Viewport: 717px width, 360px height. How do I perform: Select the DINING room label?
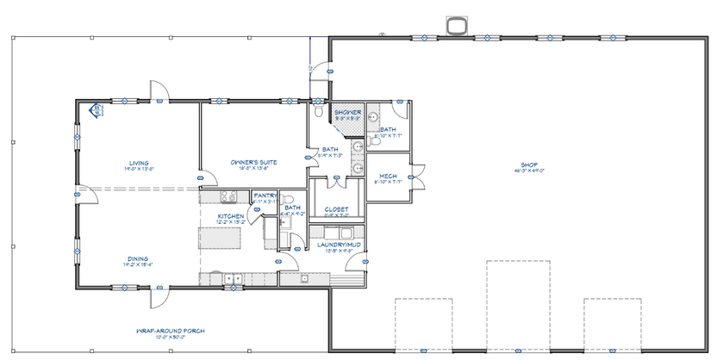pyautogui.click(x=139, y=258)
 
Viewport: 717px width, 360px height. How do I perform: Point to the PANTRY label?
pyautogui.click(x=265, y=196)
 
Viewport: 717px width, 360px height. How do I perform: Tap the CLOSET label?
pyautogui.click(x=336, y=209)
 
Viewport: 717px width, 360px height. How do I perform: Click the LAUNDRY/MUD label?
pyautogui.click(x=336, y=245)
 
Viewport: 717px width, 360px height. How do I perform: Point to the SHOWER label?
pyautogui.click(x=347, y=112)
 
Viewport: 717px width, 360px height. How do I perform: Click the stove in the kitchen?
pyautogui.click(x=303, y=278)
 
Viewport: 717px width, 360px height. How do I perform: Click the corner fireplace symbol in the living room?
pyautogui.click(x=96, y=110)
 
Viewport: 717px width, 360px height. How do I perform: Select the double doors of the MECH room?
pyautogui.click(x=418, y=179)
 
